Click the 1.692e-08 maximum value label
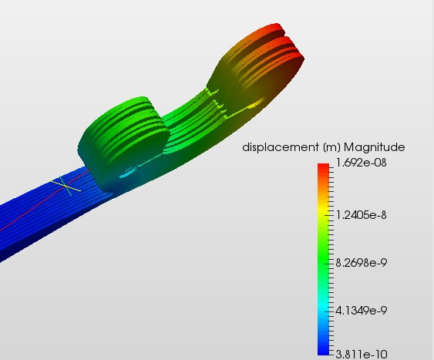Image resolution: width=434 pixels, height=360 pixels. click(x=361, y=163)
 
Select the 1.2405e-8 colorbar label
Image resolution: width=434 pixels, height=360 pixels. click(x=361, y=215)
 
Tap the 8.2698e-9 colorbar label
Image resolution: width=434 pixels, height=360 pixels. click(x=361, y=263)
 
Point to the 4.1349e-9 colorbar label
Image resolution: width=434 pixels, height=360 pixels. click(x=361, y=311)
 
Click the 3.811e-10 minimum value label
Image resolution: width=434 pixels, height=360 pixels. click(x=362, y=354)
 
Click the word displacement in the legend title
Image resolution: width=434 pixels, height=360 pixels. click(x=281, y=147)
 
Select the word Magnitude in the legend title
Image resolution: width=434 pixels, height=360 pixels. click(x=374, y=147)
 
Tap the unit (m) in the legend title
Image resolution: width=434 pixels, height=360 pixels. click(x=331, y=147)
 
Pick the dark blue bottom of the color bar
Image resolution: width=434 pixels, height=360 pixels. click(x=323, y=351)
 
